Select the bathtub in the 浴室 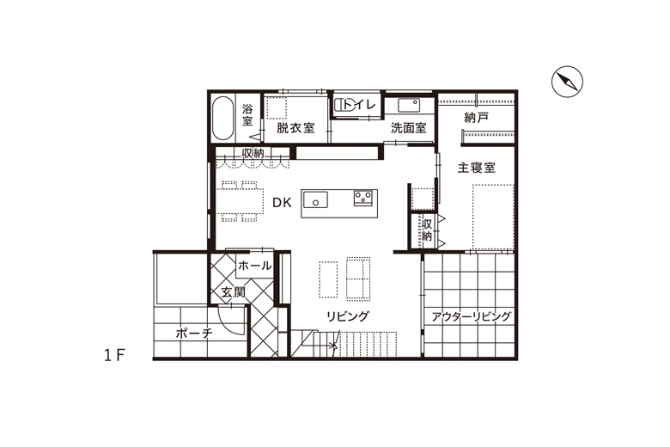click(x=222, y=119)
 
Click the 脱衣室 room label click(x=295, y=128)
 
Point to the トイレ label click(x=361, y=105)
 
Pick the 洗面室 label click(x=408, y=128)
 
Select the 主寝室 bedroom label click(x=477, y=168)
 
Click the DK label click(x=283, y=203)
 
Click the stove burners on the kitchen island click(x=362, y=199)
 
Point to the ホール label click(x=254, y=266)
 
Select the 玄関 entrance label click(x=233, y=292)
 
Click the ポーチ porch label click(x=193, y=333)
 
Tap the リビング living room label click(x=347, y=316)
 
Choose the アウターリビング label click(x=472, y=316)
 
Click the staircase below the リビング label click(x=361, y=345)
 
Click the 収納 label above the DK click(x=253, y=153)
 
